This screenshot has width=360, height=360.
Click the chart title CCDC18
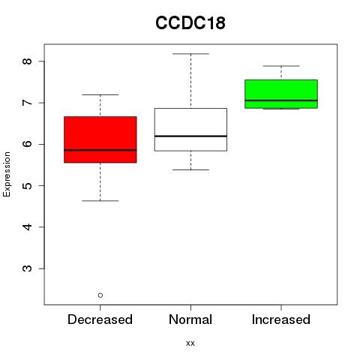[x=190, y=22]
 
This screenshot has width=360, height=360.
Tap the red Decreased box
[x=100, y=139]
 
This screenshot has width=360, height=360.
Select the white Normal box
[x=190, y=130]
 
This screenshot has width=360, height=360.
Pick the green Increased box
[x=281, y=94]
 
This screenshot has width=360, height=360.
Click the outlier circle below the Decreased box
[x=100, y=295]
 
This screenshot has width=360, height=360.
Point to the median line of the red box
[x=100, y=150]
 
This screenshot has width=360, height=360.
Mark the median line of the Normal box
[x=190, y=136]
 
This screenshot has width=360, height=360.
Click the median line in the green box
[x=281, y=100]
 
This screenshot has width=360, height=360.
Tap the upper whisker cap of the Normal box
[x=190, y=54]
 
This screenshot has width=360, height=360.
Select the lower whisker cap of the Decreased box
[x=100, y=201]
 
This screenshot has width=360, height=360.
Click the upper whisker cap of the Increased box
[x=281, y=66]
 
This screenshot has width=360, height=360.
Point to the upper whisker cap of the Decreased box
[x=100, y=94]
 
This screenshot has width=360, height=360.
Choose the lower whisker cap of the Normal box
[x=190, y=169]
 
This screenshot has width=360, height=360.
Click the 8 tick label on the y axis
[x=28, y=61]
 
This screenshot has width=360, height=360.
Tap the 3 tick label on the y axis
[x=28, y=268]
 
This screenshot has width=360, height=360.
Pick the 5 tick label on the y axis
[x=28, y=185]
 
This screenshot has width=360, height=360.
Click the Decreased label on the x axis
[x=100, y=319]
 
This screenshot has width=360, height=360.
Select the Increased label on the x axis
[x=281, y=319]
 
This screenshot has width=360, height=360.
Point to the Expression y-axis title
[x=7, y=174]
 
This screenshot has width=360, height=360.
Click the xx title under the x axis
[x=190, y=343]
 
